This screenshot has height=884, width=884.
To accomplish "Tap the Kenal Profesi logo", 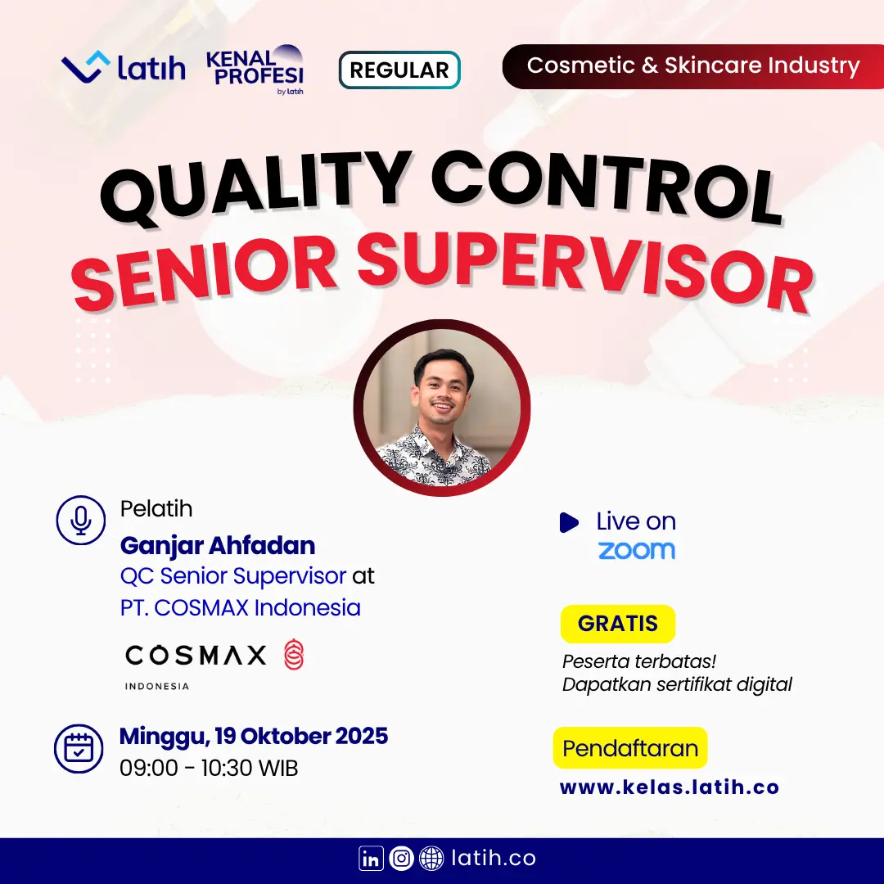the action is (x=255, y=70).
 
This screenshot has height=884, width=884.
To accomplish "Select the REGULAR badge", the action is (x=399, y=70).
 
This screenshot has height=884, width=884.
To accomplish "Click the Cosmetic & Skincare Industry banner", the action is (x=693, y=66).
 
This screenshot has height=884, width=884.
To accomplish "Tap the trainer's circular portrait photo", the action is (x=441, y=408).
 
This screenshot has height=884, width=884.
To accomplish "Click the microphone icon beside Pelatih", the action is (x=80, y=520).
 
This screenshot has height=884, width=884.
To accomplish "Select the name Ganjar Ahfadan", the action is (x=218, y=545).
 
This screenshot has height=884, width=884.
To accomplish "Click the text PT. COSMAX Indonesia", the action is (x=240, y=607).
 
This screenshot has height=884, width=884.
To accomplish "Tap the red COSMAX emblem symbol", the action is (x=294, y=654).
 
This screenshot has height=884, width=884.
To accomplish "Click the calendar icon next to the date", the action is (x=79, y=749).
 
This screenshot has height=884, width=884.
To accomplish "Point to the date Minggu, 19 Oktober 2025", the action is (x=254, y=737).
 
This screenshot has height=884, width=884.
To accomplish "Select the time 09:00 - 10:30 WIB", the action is (x=209, y=768).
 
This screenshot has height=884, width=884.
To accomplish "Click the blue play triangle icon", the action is (x=569, y=522).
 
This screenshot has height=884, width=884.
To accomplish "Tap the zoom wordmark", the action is (x=637, y=550).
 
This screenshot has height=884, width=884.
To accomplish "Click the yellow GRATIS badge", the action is (x=618, y=624).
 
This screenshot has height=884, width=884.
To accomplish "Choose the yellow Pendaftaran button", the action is (x=630, y=747).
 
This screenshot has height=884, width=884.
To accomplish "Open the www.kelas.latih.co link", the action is (x=670, y=787).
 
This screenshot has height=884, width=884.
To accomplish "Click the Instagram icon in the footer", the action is (x=401, y=858).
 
